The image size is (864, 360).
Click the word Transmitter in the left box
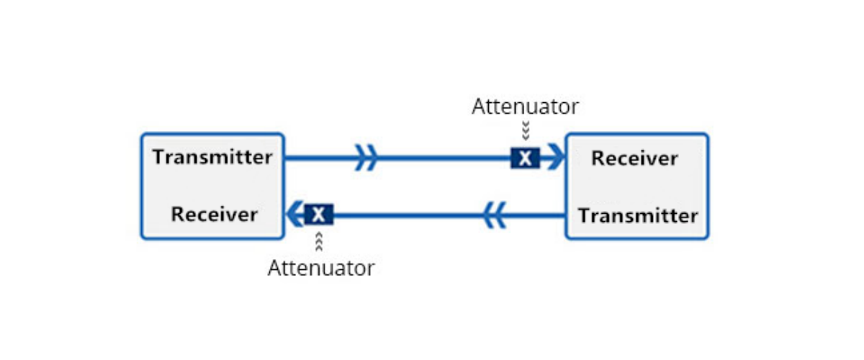click(212, 157)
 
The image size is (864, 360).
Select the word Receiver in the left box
click(214, 214)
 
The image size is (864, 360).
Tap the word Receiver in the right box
click(634, 158)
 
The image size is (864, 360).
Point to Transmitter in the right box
click(638, 215)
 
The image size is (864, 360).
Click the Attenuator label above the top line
click(525, 107)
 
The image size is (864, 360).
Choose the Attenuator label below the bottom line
click(321, 269)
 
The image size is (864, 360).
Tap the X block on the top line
click(526, 158)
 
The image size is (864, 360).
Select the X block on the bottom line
click(319, 214)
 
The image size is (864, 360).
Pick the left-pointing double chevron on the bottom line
click(494, 215)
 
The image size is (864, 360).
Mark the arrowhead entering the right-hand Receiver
click(555, 158)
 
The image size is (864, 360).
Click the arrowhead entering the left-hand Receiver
click(295, 214)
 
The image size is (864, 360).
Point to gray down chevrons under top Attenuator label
click(526, 130)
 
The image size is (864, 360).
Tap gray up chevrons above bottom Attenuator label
click(319, 241)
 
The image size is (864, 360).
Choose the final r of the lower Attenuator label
click(370, 270)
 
